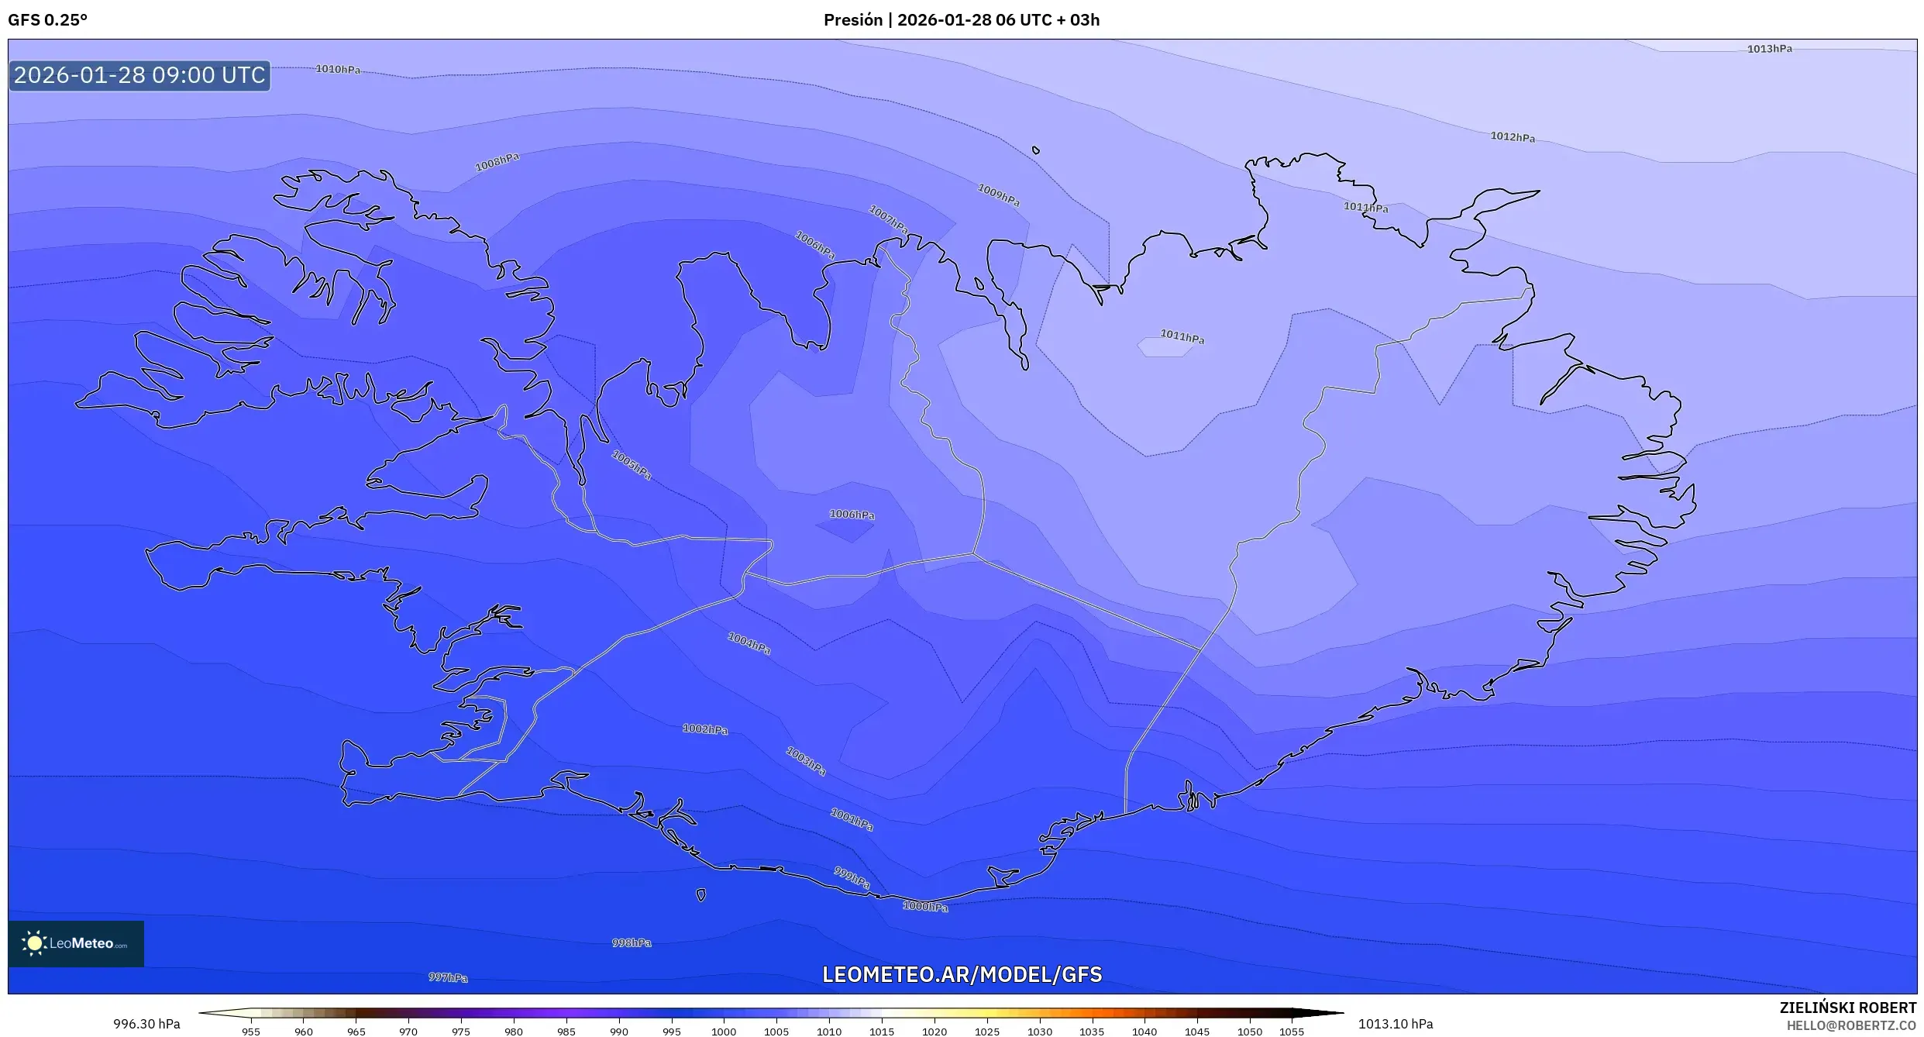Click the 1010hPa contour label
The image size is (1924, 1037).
pyautogui.click(x=338, y=69)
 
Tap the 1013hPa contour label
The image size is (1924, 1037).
pyautogui.click(x=1769, y=49)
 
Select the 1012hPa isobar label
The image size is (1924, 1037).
pyautogui.click(x=1513, y=137)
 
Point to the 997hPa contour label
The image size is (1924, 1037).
pyautogui.click(x=448, y=977)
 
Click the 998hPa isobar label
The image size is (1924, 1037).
pyautogui.click(x=632, y=942)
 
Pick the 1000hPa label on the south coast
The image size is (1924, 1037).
pyautogui.click(x=925, y=906)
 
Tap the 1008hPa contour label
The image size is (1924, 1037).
pyautogui.click(x=497, y=162)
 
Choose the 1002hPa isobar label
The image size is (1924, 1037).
pyautogui.click(x=705, y=729)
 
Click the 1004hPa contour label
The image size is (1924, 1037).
pyautogui.click(x=749, y=643)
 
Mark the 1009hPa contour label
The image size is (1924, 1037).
pyautogui.click(x=999, y=195)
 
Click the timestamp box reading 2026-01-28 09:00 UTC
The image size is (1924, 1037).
pyautogui.click(x=139, y=75)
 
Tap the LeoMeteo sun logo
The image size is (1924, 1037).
pyautogui.click(x=34, y=943)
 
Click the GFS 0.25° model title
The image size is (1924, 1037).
pyautogui.click(x=48, y=20)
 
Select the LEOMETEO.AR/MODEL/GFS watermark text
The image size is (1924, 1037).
pyautogui.click(x=962, y=974)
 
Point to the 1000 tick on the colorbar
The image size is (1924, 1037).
pyautogui.click(x=724, y=1031)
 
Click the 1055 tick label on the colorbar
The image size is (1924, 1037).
pyautogui.click(x=1292, y=1031)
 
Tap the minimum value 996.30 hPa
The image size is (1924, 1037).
pyautogui.click(x=146, y=1024)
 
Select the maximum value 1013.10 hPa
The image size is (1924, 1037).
pyautogui.click(x=1396, y=1024)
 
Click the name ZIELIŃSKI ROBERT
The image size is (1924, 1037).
pyautogui.click(x=1848, y=1008)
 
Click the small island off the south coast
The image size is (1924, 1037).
pyautogui.click(x=701, y=895)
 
